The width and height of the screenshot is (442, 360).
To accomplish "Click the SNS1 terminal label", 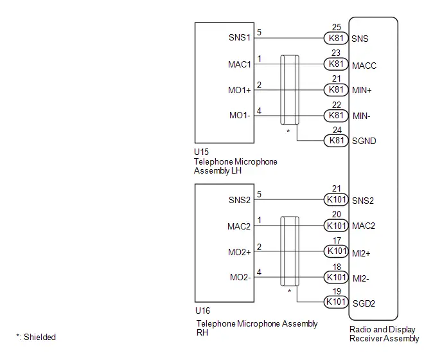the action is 240,37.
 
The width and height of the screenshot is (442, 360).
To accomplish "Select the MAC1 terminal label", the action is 240,64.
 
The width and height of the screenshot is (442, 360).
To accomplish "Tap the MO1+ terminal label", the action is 240,90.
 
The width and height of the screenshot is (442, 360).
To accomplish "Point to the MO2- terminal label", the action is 240,277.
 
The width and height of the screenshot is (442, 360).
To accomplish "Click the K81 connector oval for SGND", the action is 336,141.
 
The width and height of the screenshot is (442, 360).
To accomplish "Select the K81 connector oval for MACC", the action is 336,64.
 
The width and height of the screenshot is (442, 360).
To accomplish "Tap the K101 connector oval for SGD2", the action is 336,302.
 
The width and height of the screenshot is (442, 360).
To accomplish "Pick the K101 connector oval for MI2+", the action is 336,251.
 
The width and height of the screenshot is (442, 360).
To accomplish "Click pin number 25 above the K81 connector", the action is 336,28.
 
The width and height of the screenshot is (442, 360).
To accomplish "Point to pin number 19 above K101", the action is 337,291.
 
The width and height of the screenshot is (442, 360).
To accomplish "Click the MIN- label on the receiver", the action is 362,116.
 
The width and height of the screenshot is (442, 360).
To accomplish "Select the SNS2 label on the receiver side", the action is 363,201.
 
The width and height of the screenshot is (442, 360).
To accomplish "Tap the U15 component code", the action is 201,152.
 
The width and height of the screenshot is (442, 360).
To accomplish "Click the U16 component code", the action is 202,311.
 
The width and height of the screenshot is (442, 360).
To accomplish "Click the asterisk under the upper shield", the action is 288,131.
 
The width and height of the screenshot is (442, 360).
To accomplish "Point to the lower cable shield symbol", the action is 290,251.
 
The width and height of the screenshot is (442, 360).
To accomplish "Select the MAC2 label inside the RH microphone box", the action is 239,226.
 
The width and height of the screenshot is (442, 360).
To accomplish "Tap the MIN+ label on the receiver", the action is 362,90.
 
